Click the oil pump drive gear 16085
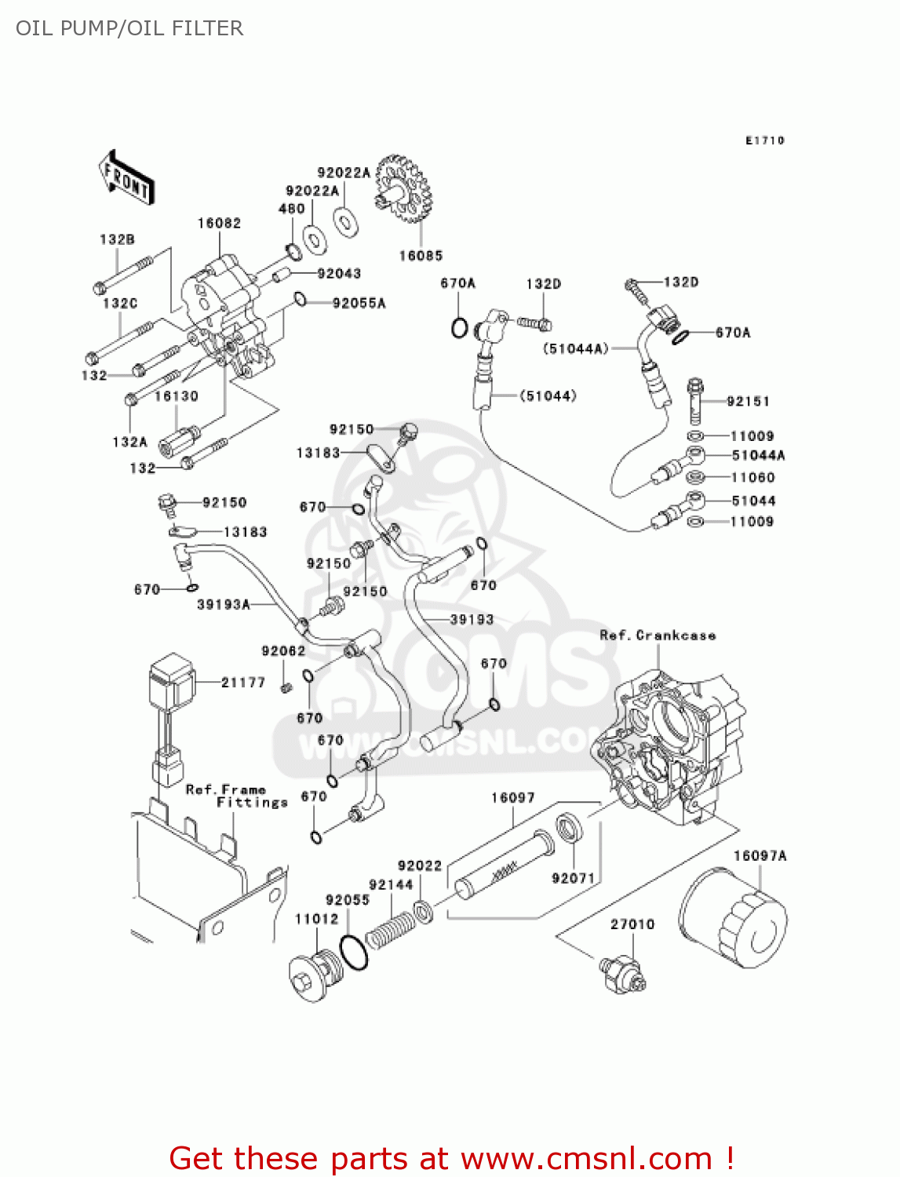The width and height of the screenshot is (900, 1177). pyautogui.click(x=403, y=188)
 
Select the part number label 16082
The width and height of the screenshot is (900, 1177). pyautogui.click(x=219, y=224)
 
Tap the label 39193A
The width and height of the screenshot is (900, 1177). pyautogui.click(x=223, y=604)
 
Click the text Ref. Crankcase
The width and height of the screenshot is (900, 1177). pyautogui.click(x=658, y=636)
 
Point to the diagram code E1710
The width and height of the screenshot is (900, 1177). pyautogui.click(x=764, y=140)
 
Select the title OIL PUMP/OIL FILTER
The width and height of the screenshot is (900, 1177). pyautogui.click(x=129, y=28)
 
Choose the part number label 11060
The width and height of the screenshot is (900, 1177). pyautogui.click(x=752, y=478)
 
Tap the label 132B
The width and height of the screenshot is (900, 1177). pyautogui.click(x=117, y=239)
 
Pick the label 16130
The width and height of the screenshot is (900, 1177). pyautogui.click(x=176, y=397)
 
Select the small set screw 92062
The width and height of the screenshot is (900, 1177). pyautogui.click(x=286, y=687)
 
